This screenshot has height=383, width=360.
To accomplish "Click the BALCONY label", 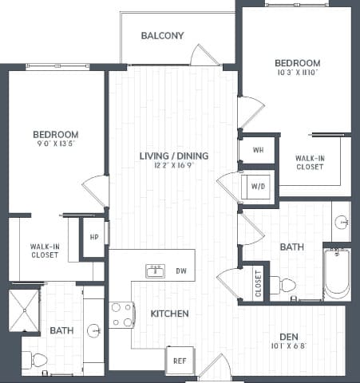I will pyautogui.click(x=162, y=35).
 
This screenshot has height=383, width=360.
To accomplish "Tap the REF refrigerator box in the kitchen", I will pyautogui.click(x=178, y=360).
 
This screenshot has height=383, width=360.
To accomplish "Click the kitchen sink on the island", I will pyautogui.click(x=155, y=271).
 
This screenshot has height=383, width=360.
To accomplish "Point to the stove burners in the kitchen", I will pyautogui.click(x=121, y=314).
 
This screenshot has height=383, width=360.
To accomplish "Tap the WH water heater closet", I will pyautogui.click(x=257, y=149).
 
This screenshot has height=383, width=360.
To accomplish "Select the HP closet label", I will pyautogui.click(x=94, y=237).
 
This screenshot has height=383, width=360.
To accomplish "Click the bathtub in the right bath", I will pyautogui.click(x=337, y=274).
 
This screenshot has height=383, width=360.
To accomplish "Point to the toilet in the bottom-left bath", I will pyautogui.click(x=37, y=359).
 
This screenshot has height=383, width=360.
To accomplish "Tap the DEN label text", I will pyautogui.click(x=289, y=336).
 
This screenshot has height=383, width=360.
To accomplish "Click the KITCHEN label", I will pyautogui.click(x=169, y=314).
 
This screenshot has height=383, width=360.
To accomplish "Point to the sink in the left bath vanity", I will pyautogui.click(x=93, y=330).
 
